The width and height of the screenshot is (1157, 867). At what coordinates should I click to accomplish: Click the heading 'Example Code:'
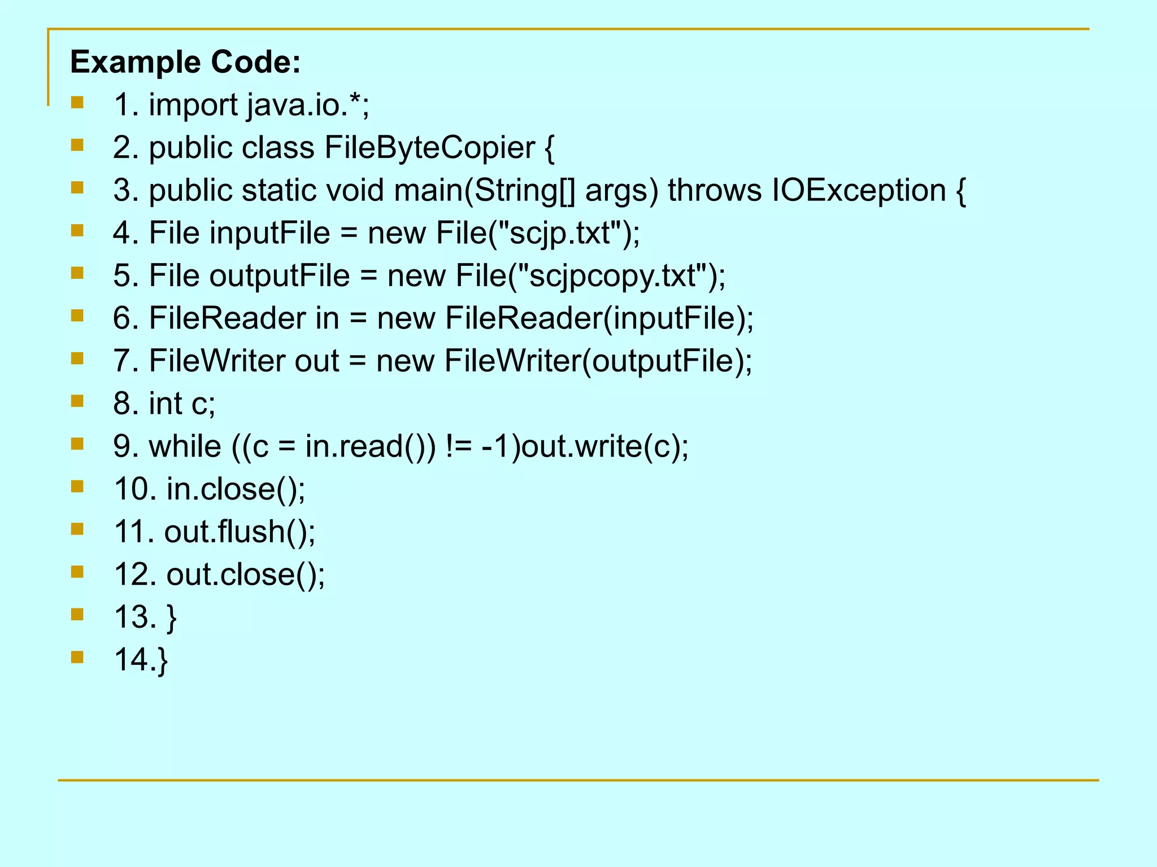point(185,62)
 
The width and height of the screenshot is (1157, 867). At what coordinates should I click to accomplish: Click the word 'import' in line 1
point(193,105)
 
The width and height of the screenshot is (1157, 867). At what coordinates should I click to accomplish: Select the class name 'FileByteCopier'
point(429,148)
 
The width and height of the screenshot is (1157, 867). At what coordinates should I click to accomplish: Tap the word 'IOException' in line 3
point(859,190)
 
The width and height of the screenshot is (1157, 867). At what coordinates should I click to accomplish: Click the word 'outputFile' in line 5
point(280,275)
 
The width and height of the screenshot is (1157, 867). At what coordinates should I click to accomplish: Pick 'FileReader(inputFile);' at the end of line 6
point(599,318)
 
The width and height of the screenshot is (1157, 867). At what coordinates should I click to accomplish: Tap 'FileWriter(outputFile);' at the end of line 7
point(598,361)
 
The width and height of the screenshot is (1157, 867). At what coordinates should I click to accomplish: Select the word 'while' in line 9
point(185,446)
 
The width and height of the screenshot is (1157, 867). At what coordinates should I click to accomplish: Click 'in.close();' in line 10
point(236,489)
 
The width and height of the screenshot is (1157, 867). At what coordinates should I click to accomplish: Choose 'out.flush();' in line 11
point(240,532)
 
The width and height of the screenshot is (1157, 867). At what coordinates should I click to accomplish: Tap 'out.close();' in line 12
point(246,574)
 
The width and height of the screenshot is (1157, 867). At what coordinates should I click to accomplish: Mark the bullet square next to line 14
point(77,657)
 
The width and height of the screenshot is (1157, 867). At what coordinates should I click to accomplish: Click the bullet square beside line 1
point(77,103)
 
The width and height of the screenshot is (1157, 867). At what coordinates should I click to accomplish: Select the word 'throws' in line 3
point(715,190)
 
